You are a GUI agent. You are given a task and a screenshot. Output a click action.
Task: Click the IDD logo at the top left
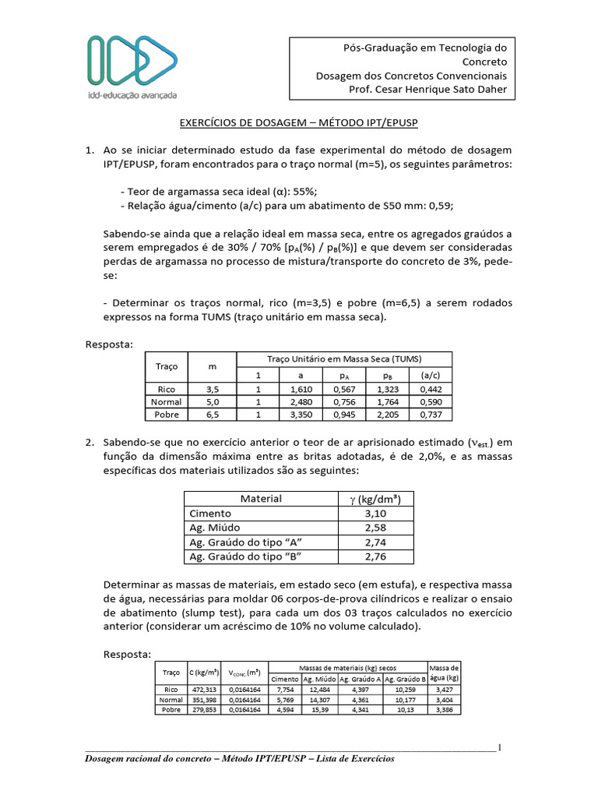click(x=132, y=65)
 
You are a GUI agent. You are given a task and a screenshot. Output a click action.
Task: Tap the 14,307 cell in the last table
click(x=320, y=700)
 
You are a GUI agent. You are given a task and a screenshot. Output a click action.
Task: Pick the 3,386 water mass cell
click(x=444, y=710)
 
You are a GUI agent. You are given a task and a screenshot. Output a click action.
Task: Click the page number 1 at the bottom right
click(x=498, y=748)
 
